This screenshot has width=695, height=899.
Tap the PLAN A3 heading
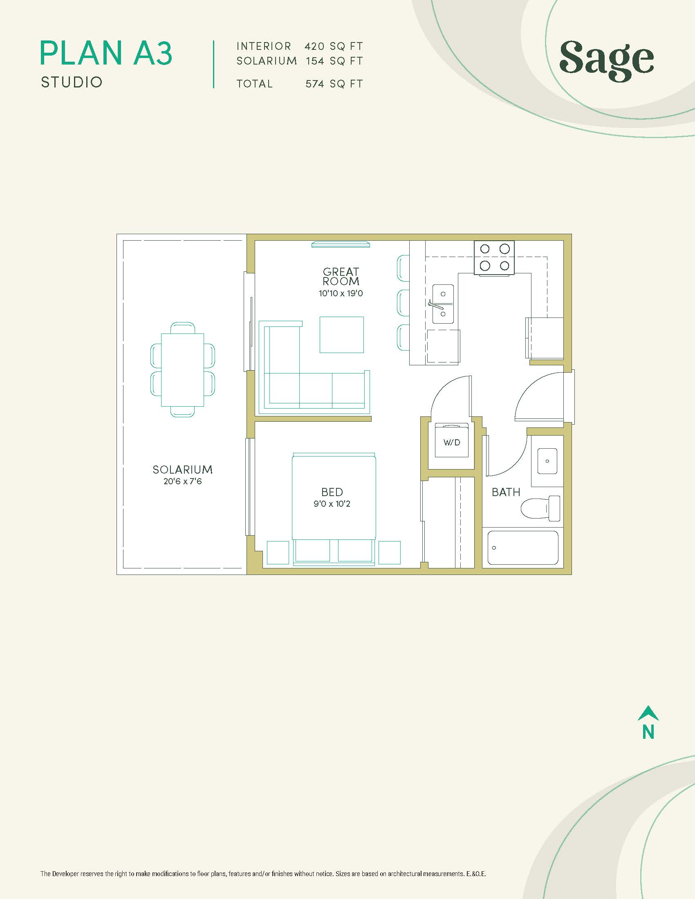(x=106, y=53)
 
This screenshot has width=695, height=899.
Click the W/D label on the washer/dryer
(x=452, y=443)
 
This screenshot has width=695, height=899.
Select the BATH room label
(x=506, y=492)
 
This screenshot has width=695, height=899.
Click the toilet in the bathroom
(x=540, y=509)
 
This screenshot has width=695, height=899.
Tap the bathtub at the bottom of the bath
(x=523, y=548)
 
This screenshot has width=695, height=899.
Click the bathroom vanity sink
(x=547, y=461)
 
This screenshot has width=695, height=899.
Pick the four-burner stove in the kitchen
(x=495, y=258)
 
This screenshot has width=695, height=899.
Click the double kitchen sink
(x=443, y=304)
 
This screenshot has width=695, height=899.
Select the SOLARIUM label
(x=182, y=470)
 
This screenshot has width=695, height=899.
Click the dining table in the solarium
(x=182, y=370)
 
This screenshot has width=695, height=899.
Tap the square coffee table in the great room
(x=342, y=335)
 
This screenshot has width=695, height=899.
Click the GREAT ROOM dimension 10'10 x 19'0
(x=341, y=293)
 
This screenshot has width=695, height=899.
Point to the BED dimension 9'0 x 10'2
(x=332, y=504)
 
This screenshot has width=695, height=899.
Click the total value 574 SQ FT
(x=334, y=84)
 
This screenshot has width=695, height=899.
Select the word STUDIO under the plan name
(x=72, y=82)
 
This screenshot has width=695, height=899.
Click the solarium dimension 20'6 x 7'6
(x=182, y=481)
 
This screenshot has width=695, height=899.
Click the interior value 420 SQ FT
(x=334, y=46)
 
